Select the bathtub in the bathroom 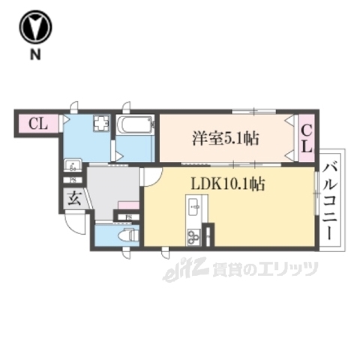pyautogui.click(x=136, y=126)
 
